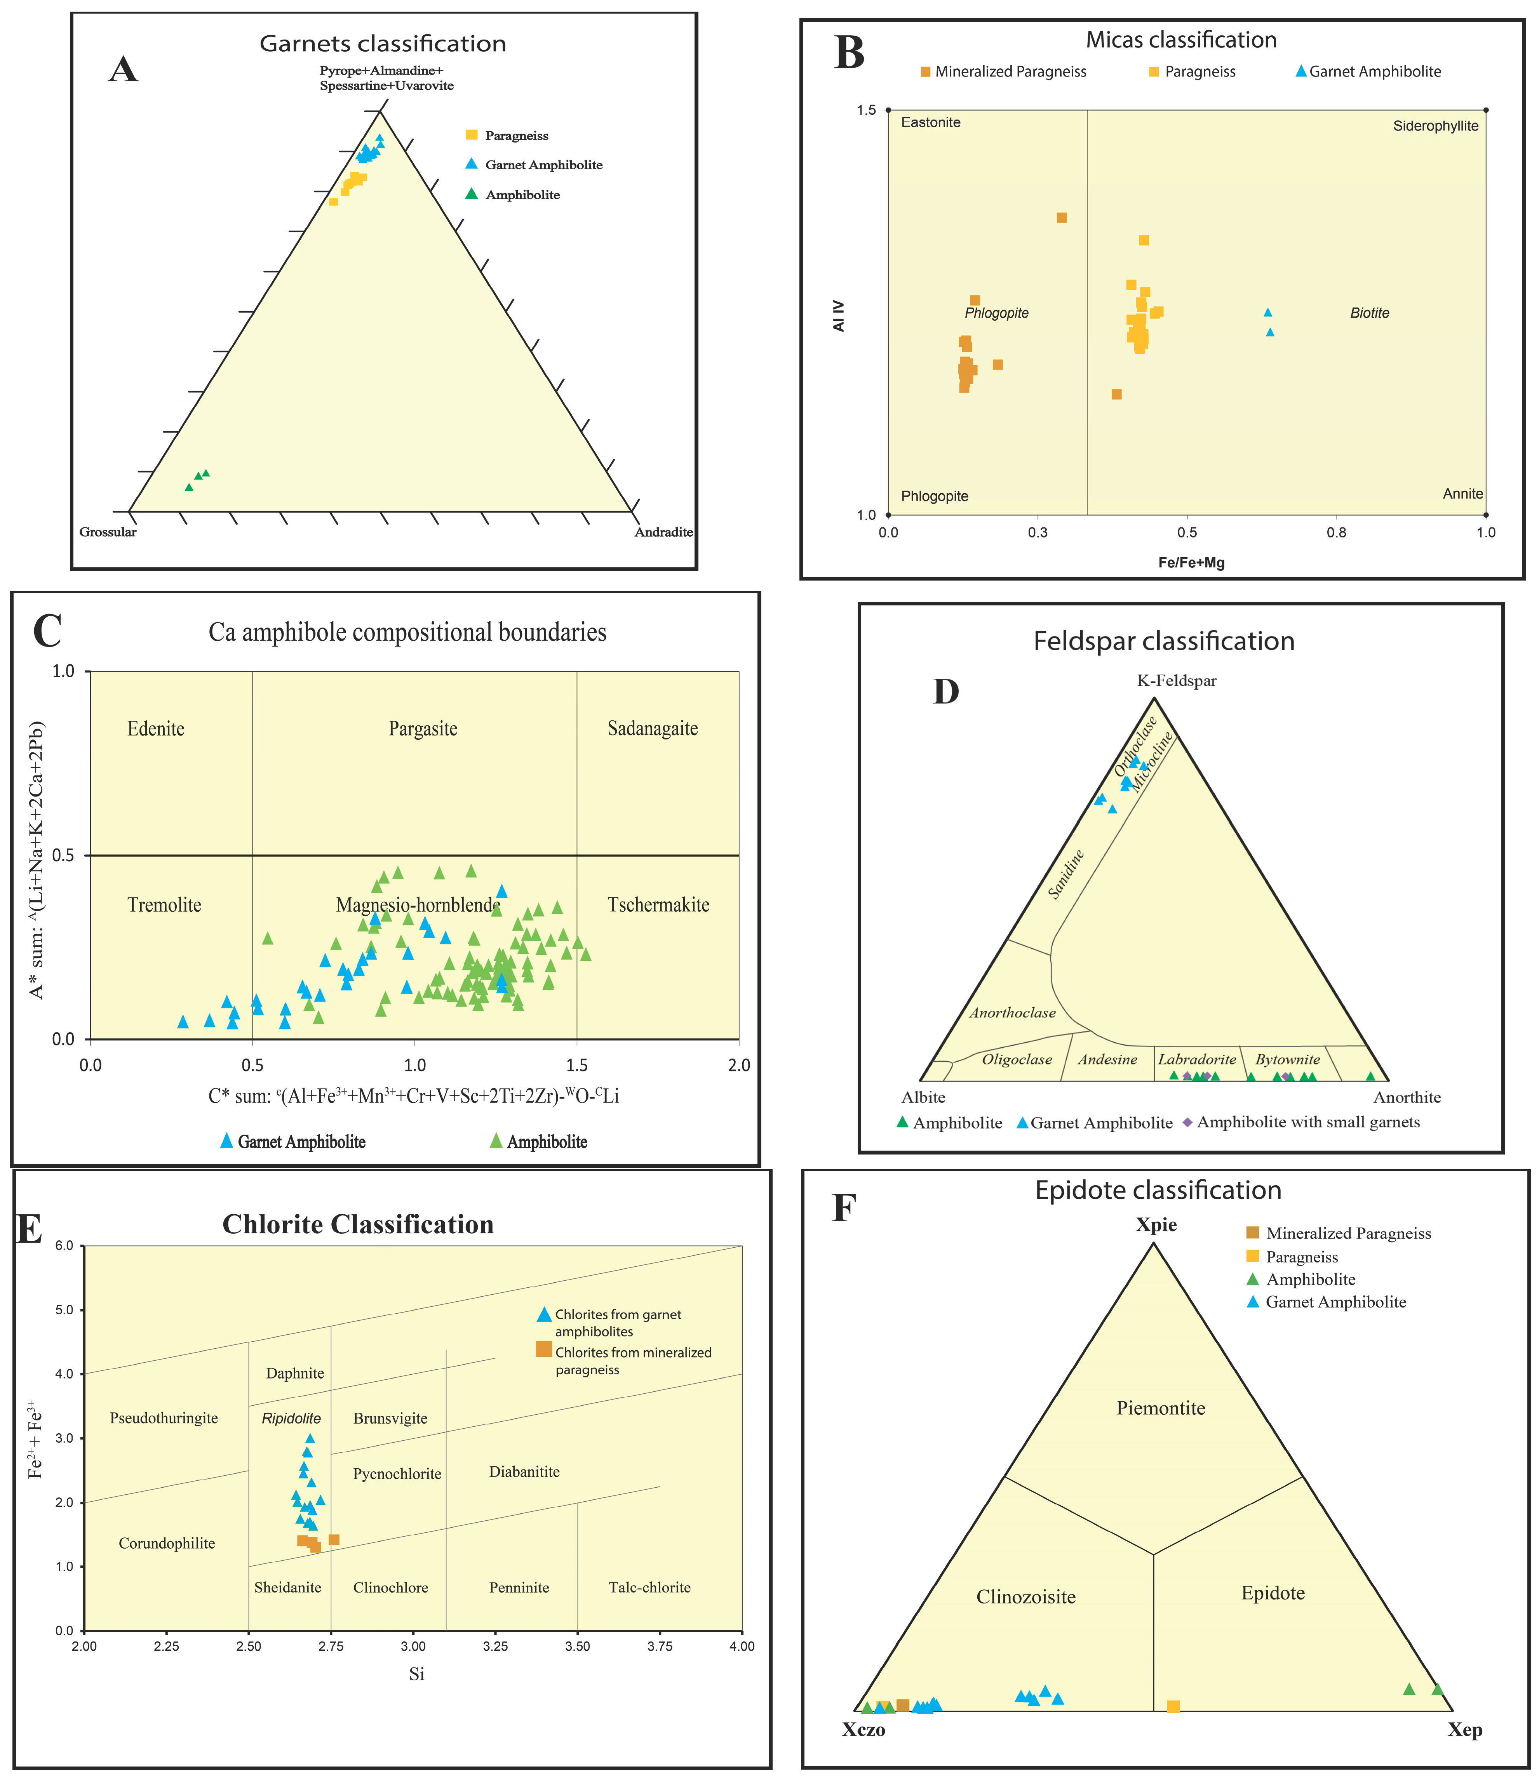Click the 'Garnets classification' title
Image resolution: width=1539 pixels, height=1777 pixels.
tap(383, 44)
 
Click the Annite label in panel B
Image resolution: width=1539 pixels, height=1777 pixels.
tap(1462, 494)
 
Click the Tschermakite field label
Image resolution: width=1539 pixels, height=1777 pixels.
tap(658, 905)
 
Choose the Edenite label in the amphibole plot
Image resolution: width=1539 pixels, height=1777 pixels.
tap(155, 729)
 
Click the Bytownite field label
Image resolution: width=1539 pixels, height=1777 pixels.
tap(1287, 1059)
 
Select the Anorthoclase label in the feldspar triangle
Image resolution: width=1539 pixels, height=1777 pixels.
tap(1013, 1013)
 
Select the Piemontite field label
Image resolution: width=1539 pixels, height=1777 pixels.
tap(1160, 1408)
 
